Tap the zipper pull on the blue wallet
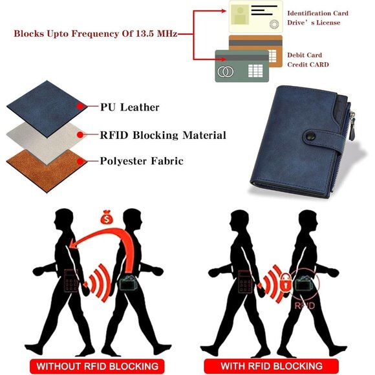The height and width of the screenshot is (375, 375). tap(352, 126)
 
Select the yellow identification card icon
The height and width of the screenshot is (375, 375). tap(255, 17)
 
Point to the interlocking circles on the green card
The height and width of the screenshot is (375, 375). tap(225, 72)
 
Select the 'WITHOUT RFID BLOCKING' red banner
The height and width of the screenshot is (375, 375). tap(97, 366)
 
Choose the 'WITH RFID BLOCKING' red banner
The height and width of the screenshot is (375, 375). tap(272, 366)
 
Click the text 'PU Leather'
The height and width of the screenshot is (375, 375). tap(129, 107)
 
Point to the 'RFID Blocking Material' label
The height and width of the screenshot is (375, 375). tap(163, 135)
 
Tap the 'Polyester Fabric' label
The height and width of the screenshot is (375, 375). tap(142, 161)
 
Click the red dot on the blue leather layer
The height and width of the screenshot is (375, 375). tap(80, 106)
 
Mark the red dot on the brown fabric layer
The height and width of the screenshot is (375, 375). tap(80, 162)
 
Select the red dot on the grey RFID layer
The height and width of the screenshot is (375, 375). tap(80, 135)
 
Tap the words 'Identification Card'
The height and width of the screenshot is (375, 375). tap(317, 13)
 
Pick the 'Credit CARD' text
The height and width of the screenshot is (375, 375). tap(308, 65)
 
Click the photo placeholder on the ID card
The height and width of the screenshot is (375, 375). tap(240, 15)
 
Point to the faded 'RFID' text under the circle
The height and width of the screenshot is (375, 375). tap(305, 305)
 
